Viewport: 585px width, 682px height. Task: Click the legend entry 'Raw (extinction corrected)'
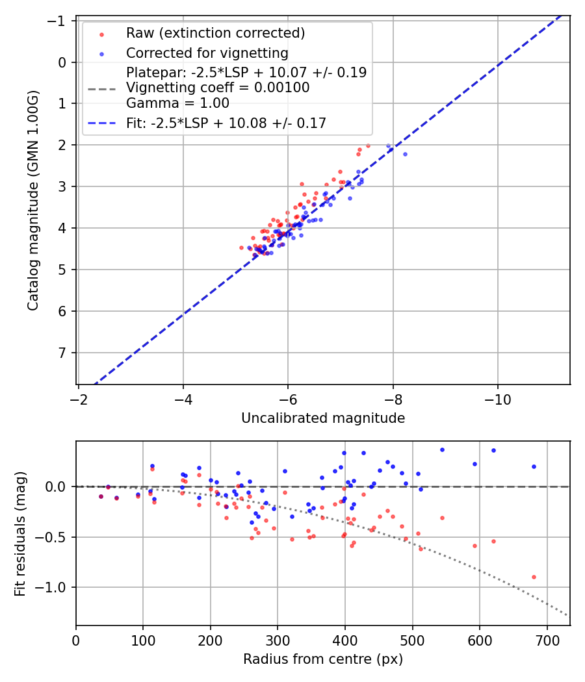[215, 33]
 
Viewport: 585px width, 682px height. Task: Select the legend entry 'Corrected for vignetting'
[207, 53]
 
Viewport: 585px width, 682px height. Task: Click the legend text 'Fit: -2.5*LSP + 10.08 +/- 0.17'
[226, 123]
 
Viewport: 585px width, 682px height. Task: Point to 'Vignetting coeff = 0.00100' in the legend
[217, 88]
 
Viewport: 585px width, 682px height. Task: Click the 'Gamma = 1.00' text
[177, 103]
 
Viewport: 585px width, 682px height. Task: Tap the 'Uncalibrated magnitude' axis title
[323, 418]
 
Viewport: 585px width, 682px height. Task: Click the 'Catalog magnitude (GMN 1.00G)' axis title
[33, 200]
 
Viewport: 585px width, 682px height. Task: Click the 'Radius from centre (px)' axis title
[323, 659]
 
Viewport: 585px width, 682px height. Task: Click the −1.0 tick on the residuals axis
[55, 587]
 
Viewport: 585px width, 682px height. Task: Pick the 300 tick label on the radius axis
[278, 639]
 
